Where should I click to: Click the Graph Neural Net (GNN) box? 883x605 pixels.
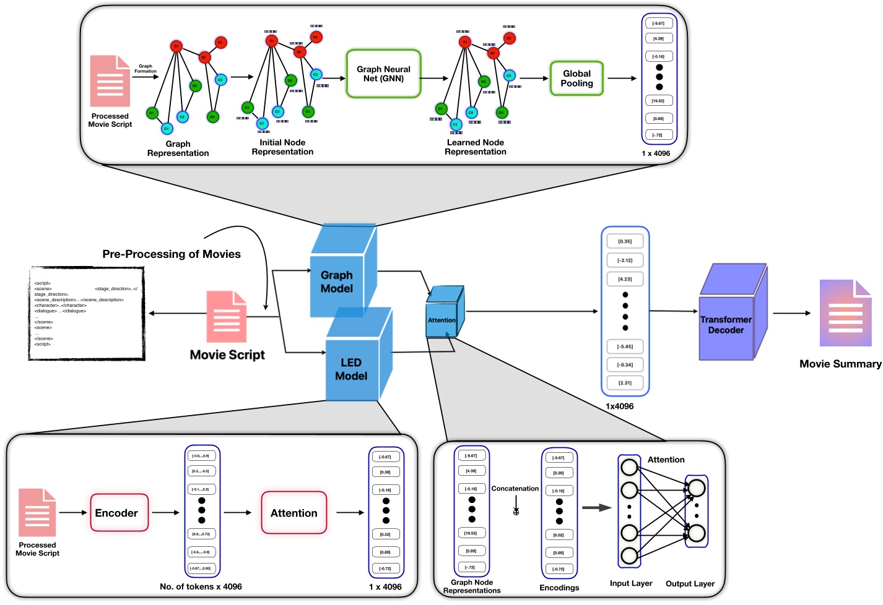coord(383,74)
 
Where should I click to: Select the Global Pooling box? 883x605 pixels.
coord(576,79)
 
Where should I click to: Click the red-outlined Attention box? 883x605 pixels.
coord(294,513)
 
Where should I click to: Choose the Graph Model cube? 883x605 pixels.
coord(340,278)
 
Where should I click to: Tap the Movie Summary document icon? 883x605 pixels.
coord(845,313)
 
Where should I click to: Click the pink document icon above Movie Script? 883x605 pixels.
coord(227,317)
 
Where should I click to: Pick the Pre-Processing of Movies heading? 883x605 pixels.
coord(172,254)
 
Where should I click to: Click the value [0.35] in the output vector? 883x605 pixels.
coord(625,241)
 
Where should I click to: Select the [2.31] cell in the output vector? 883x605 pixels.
coord(625,383)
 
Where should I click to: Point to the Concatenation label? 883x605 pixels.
coord(515,489)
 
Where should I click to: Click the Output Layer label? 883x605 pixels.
coord(690,584)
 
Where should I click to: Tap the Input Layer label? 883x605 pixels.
coord(631,583)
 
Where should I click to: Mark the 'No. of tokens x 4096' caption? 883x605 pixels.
coord(201,586)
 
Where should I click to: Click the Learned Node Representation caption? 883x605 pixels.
coord(475,147)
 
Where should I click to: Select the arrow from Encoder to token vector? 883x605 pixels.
coord(165,513)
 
